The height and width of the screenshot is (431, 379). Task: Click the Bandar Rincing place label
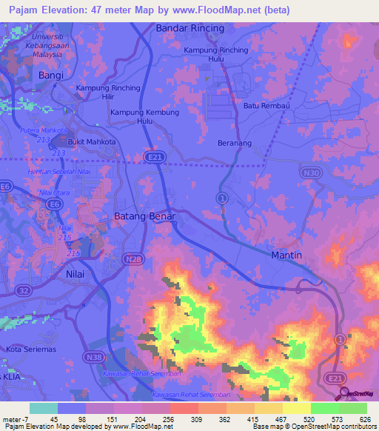[189, 28]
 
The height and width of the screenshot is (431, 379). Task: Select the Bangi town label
[51, 76]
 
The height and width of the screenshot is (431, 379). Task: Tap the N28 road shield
[134, 258]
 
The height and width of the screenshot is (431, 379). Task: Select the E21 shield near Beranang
[152, 156]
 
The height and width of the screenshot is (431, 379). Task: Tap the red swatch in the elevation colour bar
[184, 408]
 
